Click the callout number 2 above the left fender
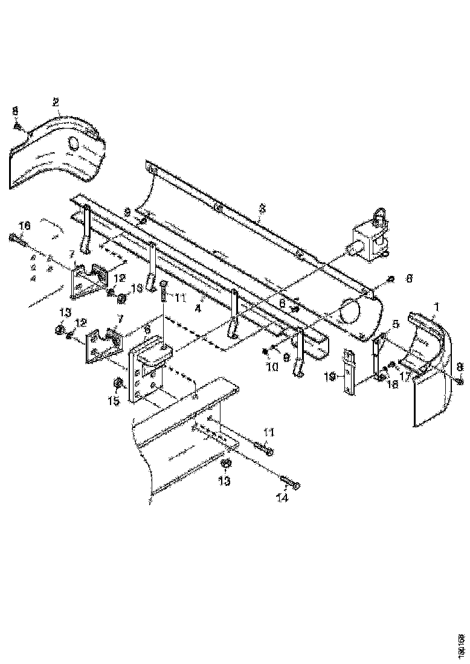(x=56, y=101)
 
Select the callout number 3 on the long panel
(x=262, y=208)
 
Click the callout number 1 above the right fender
(x=436, y=307)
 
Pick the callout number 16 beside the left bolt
(x=24, y=226)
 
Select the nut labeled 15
(x=117, y=383)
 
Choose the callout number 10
(x=274, y=366)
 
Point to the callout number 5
(x=395, y=324)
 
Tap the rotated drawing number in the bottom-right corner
(x=461, y=642)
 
